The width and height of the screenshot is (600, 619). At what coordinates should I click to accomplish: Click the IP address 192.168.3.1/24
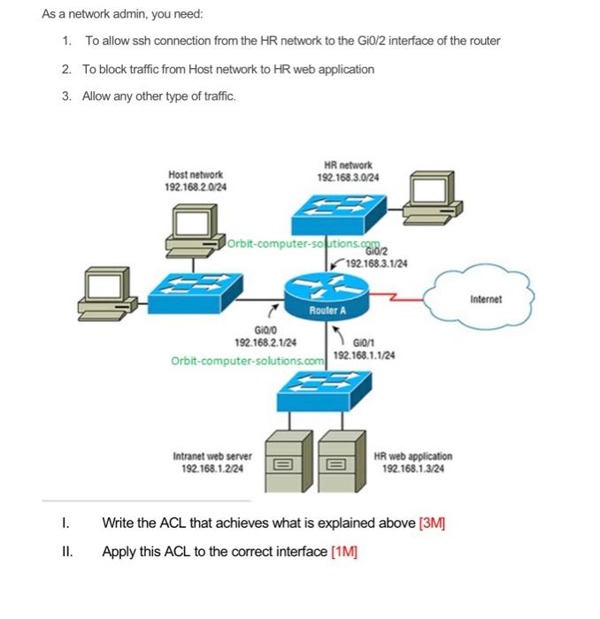coord(374,263)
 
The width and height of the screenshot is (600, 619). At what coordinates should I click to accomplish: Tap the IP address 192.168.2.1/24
coord(265,341)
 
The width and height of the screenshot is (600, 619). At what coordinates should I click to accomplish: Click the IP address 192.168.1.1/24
coord(364,355)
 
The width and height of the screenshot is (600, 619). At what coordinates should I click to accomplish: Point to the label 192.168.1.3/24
coord(412,469)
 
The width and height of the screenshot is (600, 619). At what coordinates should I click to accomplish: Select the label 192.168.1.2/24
coord(212,469)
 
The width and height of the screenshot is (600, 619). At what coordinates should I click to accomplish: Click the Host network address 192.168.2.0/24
coord(195,187)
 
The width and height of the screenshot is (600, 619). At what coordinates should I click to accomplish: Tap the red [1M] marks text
coord(343,552)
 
